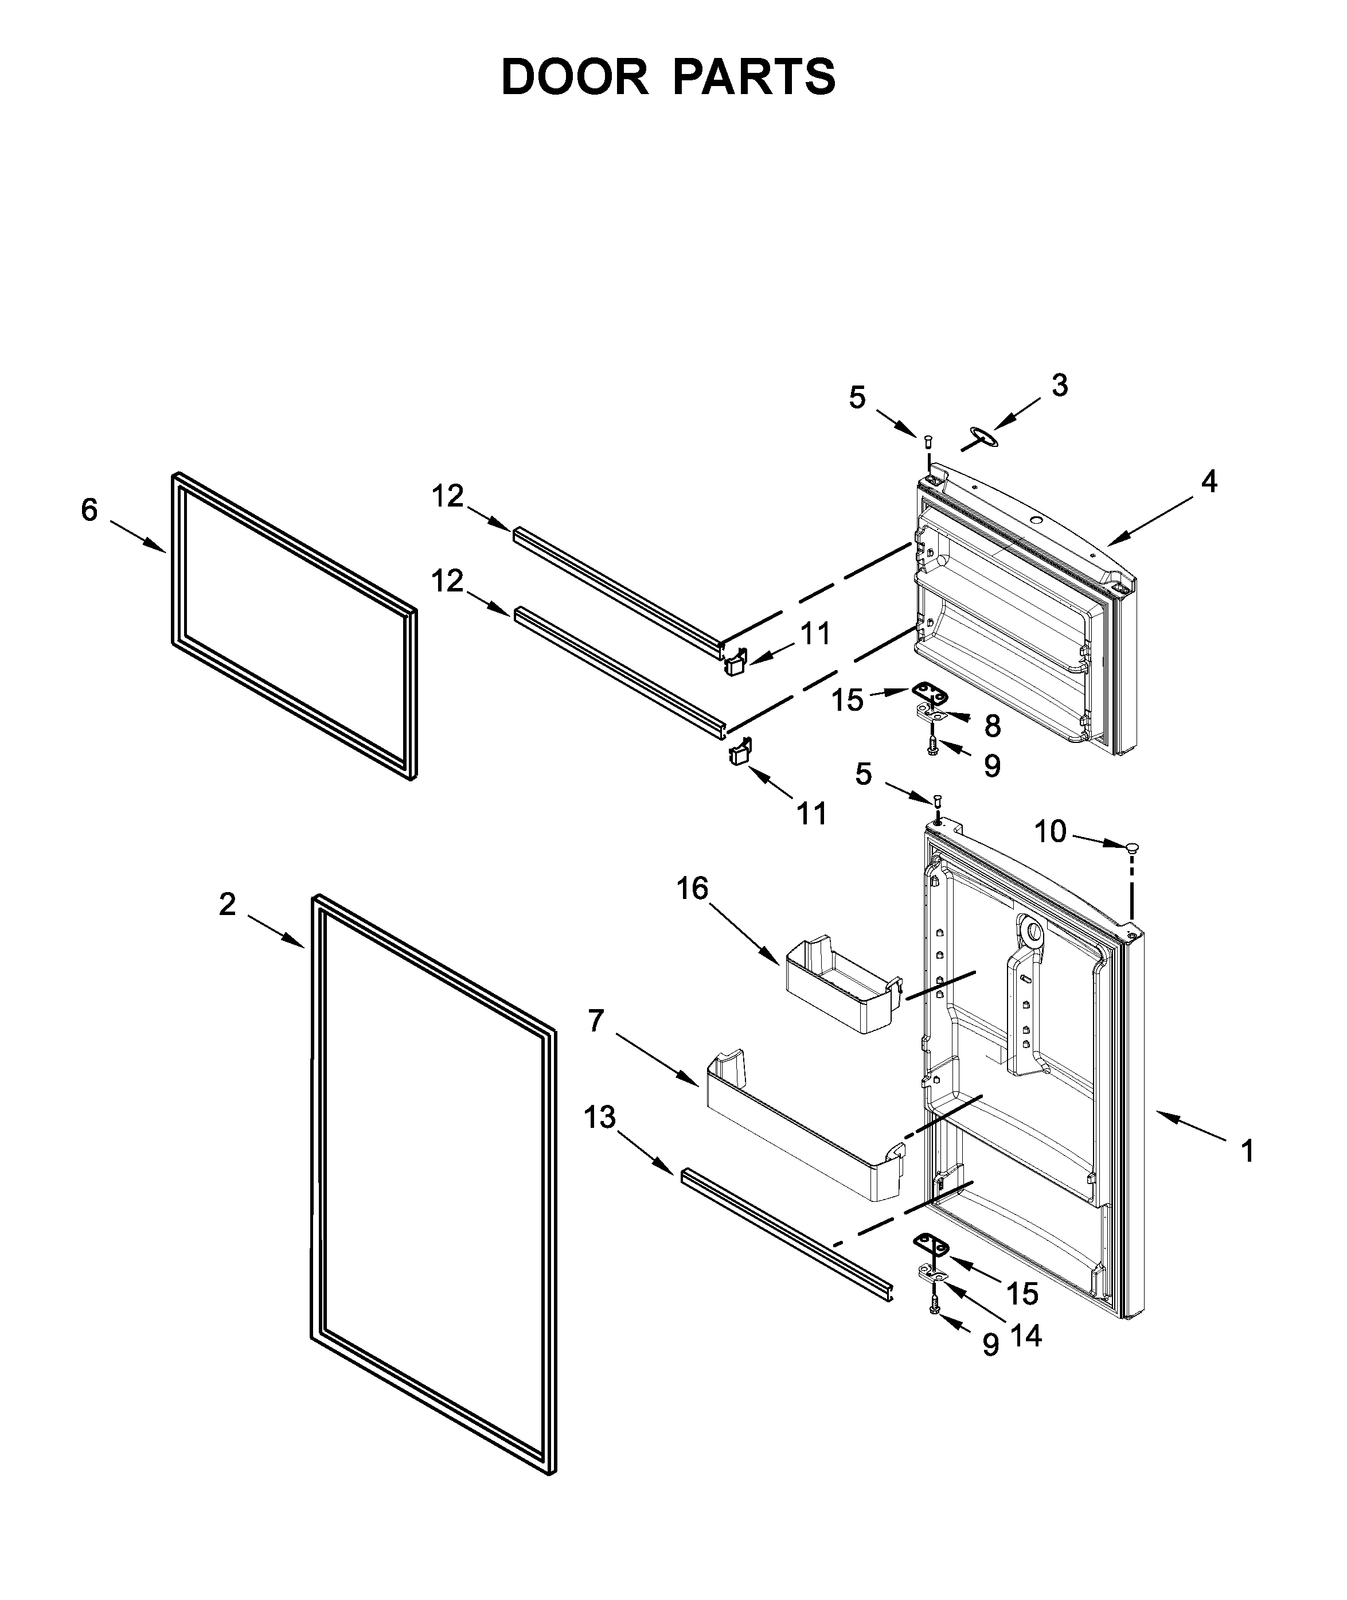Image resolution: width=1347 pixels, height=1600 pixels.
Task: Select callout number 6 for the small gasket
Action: pos(89,509)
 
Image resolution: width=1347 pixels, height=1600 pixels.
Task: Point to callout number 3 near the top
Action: pos(1059,386)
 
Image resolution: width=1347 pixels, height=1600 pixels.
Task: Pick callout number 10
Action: pos(1050,831)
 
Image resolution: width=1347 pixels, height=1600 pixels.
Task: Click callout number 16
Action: pos(692,888)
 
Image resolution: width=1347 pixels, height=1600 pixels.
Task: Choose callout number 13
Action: pos(599,1118)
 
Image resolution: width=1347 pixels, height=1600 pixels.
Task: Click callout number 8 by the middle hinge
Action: pos(992,726)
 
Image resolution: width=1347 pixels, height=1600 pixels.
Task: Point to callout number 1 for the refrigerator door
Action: pos(1247,1151)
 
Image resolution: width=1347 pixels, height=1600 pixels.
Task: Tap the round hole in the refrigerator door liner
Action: pos(1032,932)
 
